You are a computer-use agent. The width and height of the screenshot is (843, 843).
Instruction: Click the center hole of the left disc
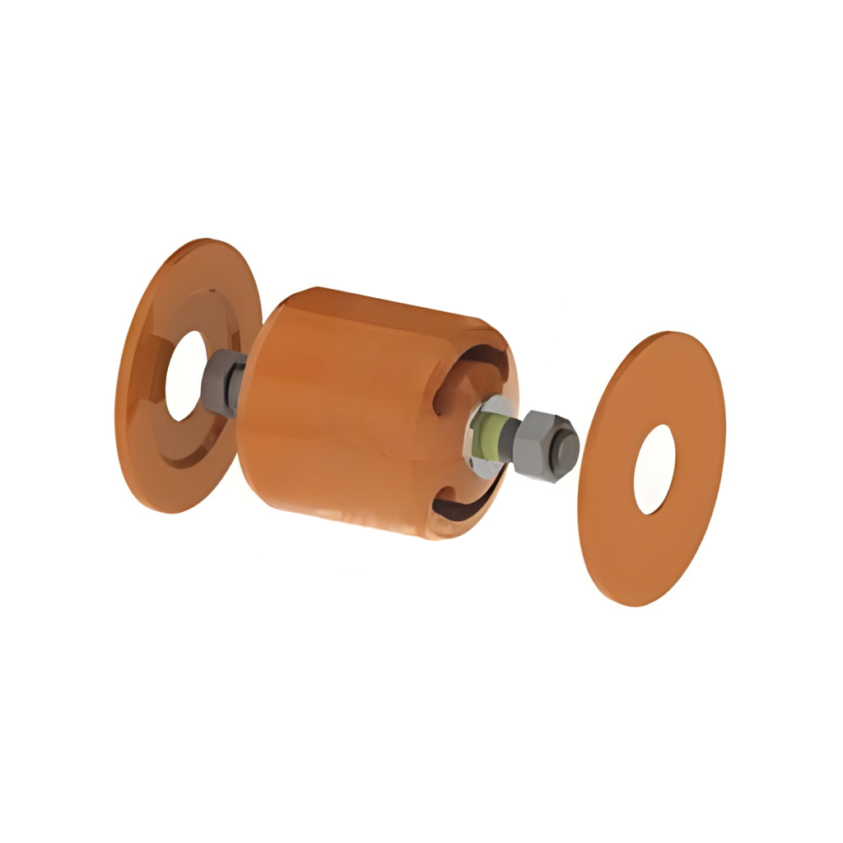[185, 375]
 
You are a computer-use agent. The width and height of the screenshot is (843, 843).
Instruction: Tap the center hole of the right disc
[654, 469]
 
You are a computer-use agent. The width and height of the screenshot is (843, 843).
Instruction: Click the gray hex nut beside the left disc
[221, 382]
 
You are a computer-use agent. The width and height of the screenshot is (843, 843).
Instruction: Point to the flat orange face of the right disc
[626, 535]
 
